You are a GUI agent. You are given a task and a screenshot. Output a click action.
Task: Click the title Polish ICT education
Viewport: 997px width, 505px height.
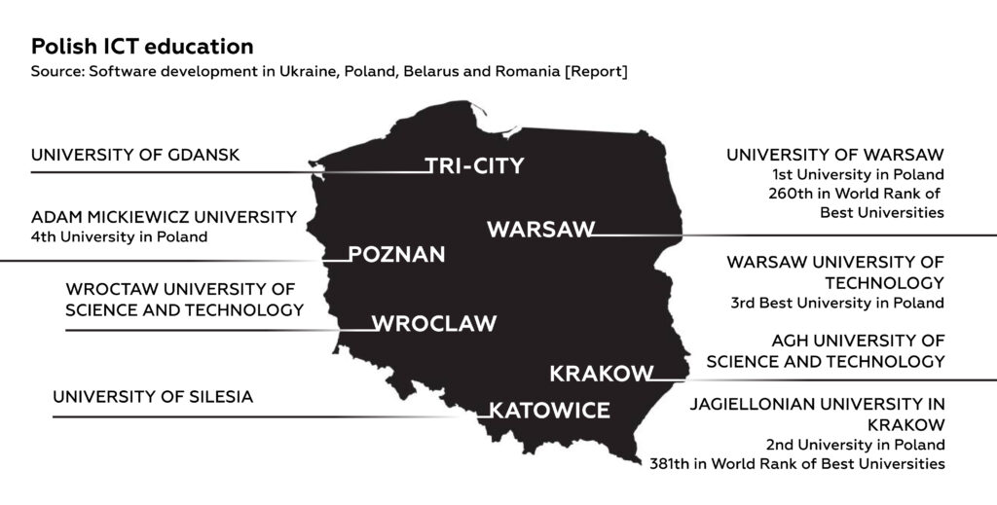(142, 47)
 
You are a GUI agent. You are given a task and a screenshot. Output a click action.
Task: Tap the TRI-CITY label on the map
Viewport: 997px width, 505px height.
(475, 166)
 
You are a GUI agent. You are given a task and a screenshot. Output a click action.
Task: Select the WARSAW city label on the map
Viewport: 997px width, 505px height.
(540, 230)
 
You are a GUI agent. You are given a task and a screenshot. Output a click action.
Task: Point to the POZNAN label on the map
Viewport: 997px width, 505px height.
(397, 255)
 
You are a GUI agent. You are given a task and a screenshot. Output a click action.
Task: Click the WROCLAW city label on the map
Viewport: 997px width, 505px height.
(434, 323)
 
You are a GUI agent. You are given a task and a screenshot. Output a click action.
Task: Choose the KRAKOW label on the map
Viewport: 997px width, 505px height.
(601, 374)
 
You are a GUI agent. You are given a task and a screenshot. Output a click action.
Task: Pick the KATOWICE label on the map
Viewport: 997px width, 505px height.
(549, 411)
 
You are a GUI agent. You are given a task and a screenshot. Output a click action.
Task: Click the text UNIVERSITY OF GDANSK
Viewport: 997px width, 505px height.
(135, 155)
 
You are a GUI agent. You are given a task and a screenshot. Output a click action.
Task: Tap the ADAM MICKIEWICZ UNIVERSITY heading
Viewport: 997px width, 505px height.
(164, 217)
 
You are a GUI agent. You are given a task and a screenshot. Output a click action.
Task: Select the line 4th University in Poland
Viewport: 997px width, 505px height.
(119, 237)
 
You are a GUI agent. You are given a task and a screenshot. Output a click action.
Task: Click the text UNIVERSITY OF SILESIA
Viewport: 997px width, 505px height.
(153, 397)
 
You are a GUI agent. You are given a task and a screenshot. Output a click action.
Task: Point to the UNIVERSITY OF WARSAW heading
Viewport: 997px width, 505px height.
(835, 155)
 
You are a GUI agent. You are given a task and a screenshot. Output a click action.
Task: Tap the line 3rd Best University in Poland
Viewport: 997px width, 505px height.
(837, 303)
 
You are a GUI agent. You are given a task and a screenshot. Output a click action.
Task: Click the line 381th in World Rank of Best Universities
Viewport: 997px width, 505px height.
(797, 464)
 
